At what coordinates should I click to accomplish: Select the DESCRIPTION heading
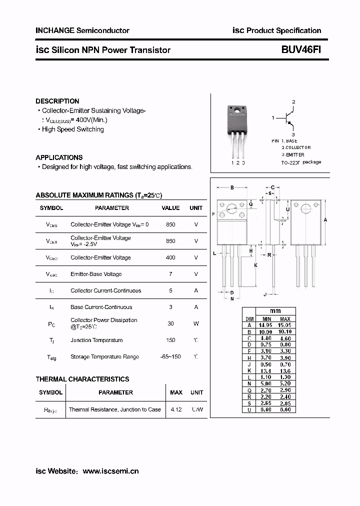[x=57, y=101]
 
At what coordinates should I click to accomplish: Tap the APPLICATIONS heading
[x=59, y=157]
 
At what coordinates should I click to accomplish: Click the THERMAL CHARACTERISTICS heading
[x=82, y=379]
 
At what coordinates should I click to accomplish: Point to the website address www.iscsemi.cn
[x=110, y=471]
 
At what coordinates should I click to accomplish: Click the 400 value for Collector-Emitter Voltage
[x=170, y=257]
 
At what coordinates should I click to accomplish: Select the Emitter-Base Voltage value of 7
[x=170, y=274]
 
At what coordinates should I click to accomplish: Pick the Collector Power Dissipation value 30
[x=170, y=323]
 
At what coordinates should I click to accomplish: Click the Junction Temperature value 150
[x=170, y=340]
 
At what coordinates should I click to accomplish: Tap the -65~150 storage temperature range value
[x=170, y=356]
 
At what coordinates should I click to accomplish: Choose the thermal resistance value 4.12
[x=175, y=409]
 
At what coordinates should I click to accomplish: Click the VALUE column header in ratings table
[x=170, y=208]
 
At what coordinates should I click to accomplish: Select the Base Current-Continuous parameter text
[x=101, y=307]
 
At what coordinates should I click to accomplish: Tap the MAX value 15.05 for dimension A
[x=284, y=325]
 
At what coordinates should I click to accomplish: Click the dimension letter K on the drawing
[x=255, y=265]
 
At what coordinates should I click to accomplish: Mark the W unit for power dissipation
[x=196, y=323]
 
